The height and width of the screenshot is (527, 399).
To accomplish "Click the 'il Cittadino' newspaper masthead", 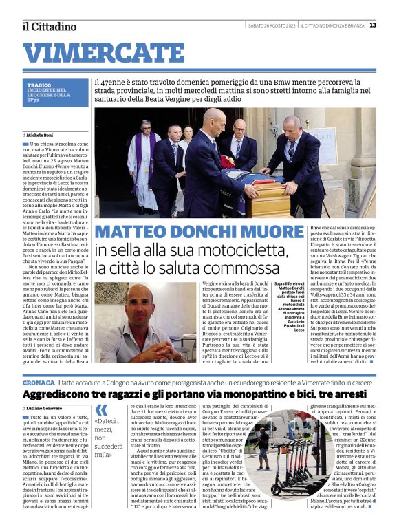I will coord(48,26).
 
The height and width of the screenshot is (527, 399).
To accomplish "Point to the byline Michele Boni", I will coord(45,136).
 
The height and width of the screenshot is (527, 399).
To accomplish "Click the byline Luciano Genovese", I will coord(48,408).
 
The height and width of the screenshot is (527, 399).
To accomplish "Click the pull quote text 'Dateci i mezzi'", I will coord(110,431).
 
